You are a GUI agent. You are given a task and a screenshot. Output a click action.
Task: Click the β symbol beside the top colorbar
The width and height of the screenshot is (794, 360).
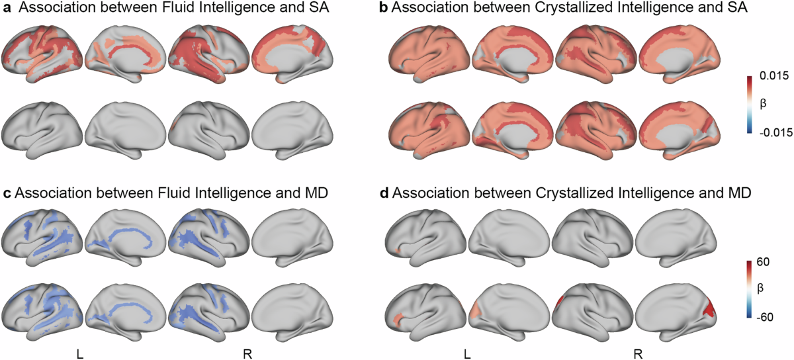point(763,104)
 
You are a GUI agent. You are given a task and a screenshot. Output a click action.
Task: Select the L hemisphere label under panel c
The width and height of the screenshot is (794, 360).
point(80,354)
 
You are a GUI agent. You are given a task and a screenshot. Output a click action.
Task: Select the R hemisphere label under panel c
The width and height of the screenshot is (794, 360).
point(249,354)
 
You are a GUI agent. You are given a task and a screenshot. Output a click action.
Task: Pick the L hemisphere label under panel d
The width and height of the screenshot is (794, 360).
point(468,354)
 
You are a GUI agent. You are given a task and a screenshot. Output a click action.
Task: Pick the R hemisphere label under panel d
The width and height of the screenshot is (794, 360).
point(637,354)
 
